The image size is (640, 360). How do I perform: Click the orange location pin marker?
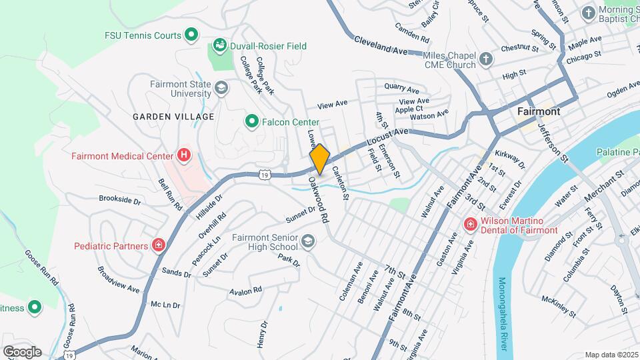point(320,159)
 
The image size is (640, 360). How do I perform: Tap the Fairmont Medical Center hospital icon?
point(184,156)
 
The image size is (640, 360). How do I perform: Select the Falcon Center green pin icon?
point(251,121)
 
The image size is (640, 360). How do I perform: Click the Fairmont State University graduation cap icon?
point(221,88)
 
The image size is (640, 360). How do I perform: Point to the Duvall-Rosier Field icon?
point(219,45)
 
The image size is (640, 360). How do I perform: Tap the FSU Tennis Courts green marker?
point(191,35)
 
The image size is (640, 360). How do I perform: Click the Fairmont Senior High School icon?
point(307,241)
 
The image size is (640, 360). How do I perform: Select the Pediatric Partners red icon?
point(159,245)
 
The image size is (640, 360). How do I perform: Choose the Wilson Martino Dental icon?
point(471,224)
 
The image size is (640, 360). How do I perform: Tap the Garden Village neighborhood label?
point(173,117)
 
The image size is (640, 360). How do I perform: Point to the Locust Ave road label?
point(387,139)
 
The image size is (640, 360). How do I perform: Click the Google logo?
point(22,351)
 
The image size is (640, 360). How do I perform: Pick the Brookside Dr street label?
point(120,199)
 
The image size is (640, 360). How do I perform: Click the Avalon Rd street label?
point(245,290)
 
